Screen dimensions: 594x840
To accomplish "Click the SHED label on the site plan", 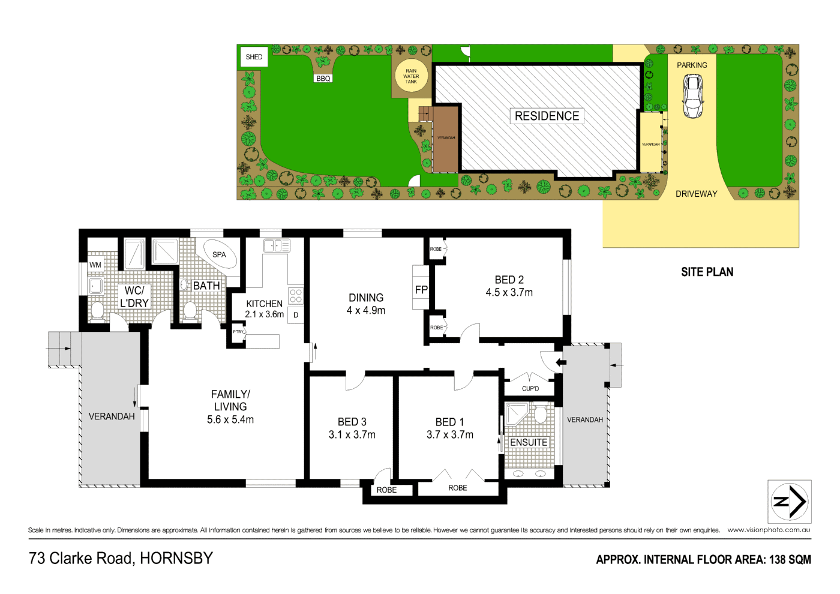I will coord(254,57).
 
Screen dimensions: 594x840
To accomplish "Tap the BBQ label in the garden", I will coord(323,79).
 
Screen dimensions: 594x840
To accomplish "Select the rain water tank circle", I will coord(411,76).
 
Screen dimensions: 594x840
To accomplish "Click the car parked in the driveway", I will coord(693,96).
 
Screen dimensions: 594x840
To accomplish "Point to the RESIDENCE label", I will coord(547,116).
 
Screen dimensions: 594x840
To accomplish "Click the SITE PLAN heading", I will coord(707,272).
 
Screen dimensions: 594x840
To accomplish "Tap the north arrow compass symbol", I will coord(790,502).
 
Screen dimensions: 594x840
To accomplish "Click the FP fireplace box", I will coord(421,289).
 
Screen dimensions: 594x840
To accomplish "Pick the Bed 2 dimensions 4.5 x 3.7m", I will coord(509,293).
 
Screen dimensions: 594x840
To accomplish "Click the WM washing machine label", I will coord(95,265).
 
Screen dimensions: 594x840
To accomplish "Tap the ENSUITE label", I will coord(529,442).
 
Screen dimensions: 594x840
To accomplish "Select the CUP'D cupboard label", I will coord(530,389).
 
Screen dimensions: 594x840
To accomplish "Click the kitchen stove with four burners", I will coord(296,296).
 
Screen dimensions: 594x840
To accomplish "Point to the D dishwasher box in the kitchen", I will coord(296,315).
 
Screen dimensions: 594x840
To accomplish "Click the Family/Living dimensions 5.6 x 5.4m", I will coord(230,420).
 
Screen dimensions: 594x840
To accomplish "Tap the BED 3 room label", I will coord(352,422).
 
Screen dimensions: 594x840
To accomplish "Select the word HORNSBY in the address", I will coord(176,559).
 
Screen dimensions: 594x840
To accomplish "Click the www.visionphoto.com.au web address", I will coord(769,530).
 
